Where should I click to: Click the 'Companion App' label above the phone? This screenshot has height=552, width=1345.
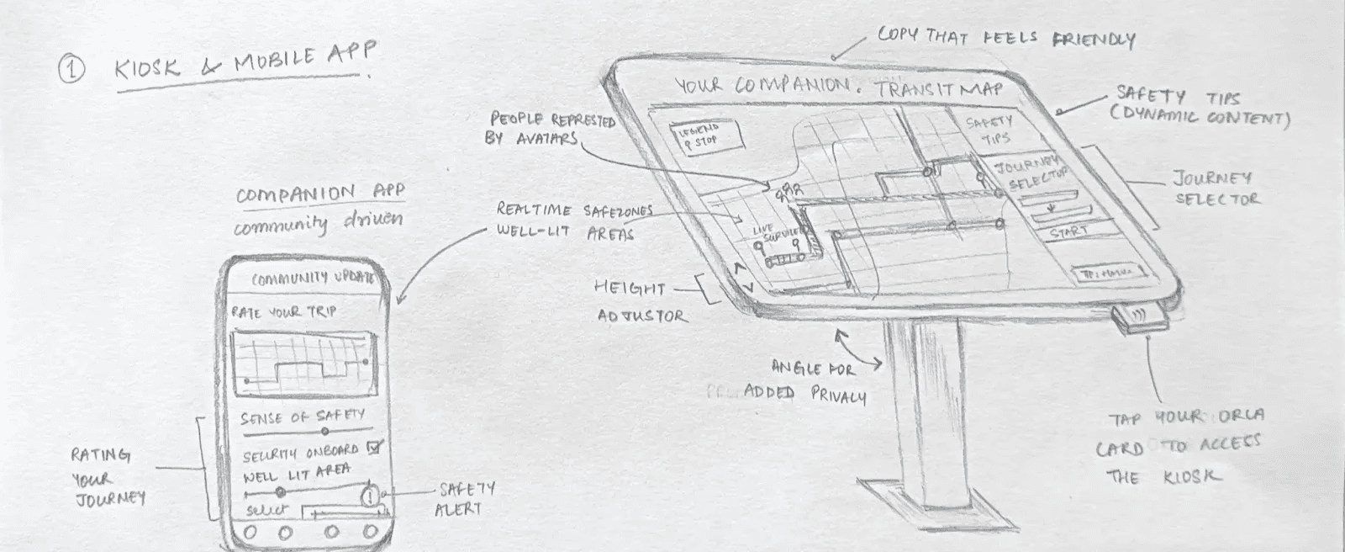point(319,194)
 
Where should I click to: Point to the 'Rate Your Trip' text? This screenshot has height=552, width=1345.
point(284,312)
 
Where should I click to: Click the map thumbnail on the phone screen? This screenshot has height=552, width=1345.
point(304,362)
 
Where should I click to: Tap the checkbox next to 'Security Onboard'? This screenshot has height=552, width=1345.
point(375,448)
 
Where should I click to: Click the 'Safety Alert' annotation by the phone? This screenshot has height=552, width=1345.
point(465,498)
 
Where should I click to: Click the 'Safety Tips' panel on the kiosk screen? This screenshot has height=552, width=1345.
point(989,131)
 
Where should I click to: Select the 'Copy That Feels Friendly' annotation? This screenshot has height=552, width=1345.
point(1005,37)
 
